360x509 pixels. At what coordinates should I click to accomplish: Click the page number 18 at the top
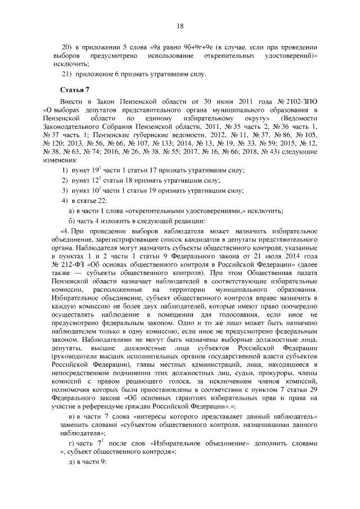tap(180, 25)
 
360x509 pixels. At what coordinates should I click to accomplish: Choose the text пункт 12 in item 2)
tap(83, 181)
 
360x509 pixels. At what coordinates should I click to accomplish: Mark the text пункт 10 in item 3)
tap(83, 191)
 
